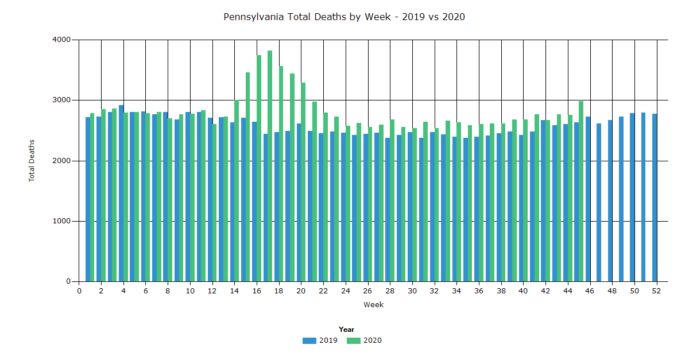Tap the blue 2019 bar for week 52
coord(655,198)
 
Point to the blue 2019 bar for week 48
coord(610,201)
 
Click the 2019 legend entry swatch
coord(309,340)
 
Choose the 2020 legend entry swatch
coord(354,340)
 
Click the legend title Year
coord(346,330)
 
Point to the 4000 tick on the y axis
coord(63,40)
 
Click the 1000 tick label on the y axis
coord(63,221)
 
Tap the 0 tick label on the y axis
coord(68,282)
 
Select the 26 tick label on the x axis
coord(368,291)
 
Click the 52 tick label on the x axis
coord(657,291)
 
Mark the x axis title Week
coord(373,305)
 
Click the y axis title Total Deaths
coord(32,160)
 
